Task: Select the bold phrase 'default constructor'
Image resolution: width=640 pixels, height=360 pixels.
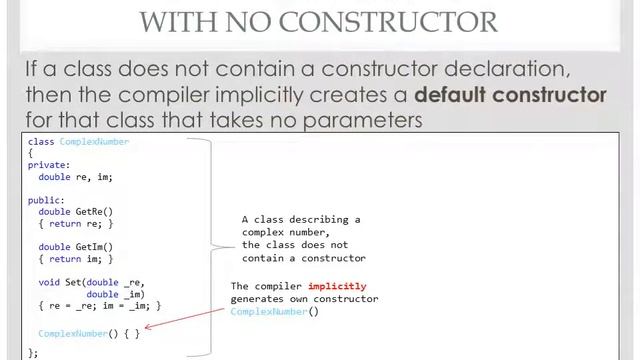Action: coord(510,95)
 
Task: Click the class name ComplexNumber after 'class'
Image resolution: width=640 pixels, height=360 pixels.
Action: coord(94,142)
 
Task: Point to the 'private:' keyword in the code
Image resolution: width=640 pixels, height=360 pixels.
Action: coord(49,165)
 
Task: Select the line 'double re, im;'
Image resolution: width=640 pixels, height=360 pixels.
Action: coord(75,177)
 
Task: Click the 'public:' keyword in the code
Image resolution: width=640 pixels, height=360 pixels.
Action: coord(46,200)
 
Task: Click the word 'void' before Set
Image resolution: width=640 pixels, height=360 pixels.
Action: coord(49,283)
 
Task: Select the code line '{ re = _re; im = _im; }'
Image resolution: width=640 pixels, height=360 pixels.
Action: coord(99,306)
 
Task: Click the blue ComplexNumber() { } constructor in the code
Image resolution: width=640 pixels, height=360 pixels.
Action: coord(89,333)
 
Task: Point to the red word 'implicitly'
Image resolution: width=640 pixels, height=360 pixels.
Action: coord(337,286)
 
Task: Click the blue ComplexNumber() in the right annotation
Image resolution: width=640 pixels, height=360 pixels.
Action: coord(274,311)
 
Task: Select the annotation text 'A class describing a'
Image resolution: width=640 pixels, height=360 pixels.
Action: coord(301,219)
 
